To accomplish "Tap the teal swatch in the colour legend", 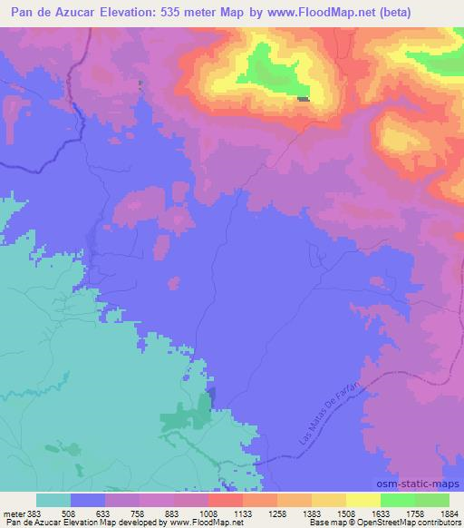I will pyautogui.click(x=53, y=500).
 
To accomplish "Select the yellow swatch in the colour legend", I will pyautogui.click(x=362, y=500).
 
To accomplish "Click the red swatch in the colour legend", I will pyautogui.click(x=226, y=500).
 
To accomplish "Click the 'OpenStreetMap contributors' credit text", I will pyautogui.click(x=411, y=522).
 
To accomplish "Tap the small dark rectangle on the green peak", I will pyautogui.click(x=303, y=100).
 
